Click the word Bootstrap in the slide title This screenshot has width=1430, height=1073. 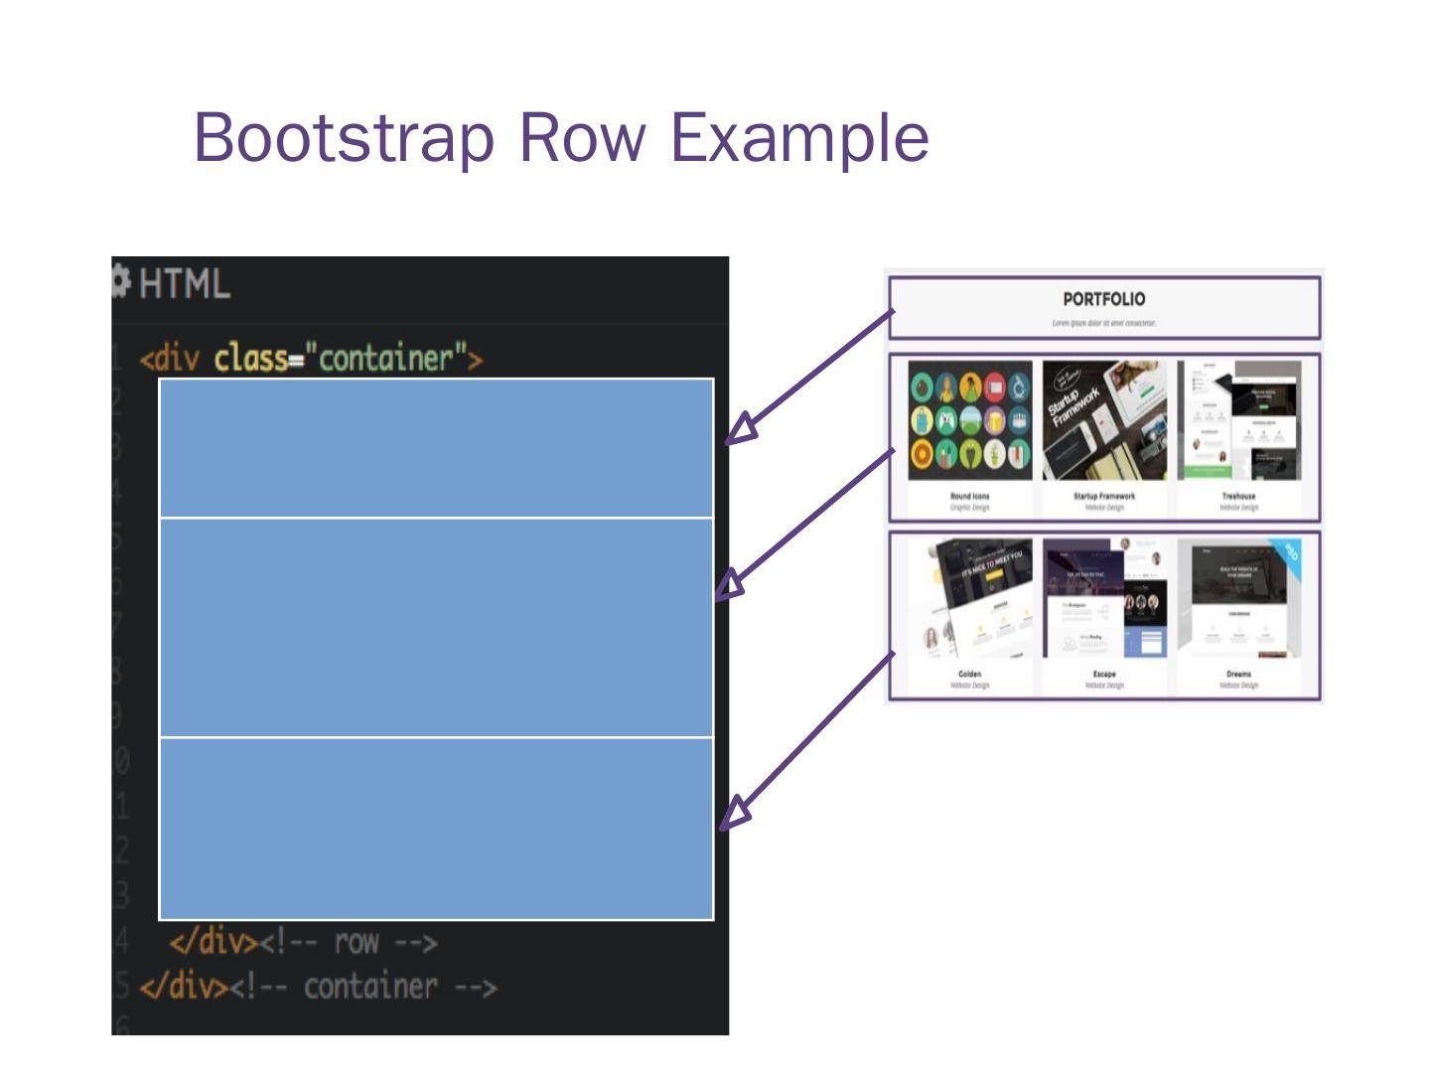coord(344,137)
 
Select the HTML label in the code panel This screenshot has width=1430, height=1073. coord(185,284)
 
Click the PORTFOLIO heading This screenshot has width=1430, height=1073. coord(1103,299)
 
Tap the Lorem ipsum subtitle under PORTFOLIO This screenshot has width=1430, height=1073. coord(1103,323)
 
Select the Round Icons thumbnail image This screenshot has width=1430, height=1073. coord(969,420)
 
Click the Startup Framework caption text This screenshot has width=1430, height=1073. coord(1103,496)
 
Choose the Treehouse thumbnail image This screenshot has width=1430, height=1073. coord(1238,420)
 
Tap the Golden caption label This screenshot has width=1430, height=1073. coord(969,674)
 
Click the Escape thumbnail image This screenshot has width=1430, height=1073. coord(1103,598)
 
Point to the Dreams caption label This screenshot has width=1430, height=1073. coord(1238,674)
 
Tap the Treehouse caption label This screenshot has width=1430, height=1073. coord(1238,496)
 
